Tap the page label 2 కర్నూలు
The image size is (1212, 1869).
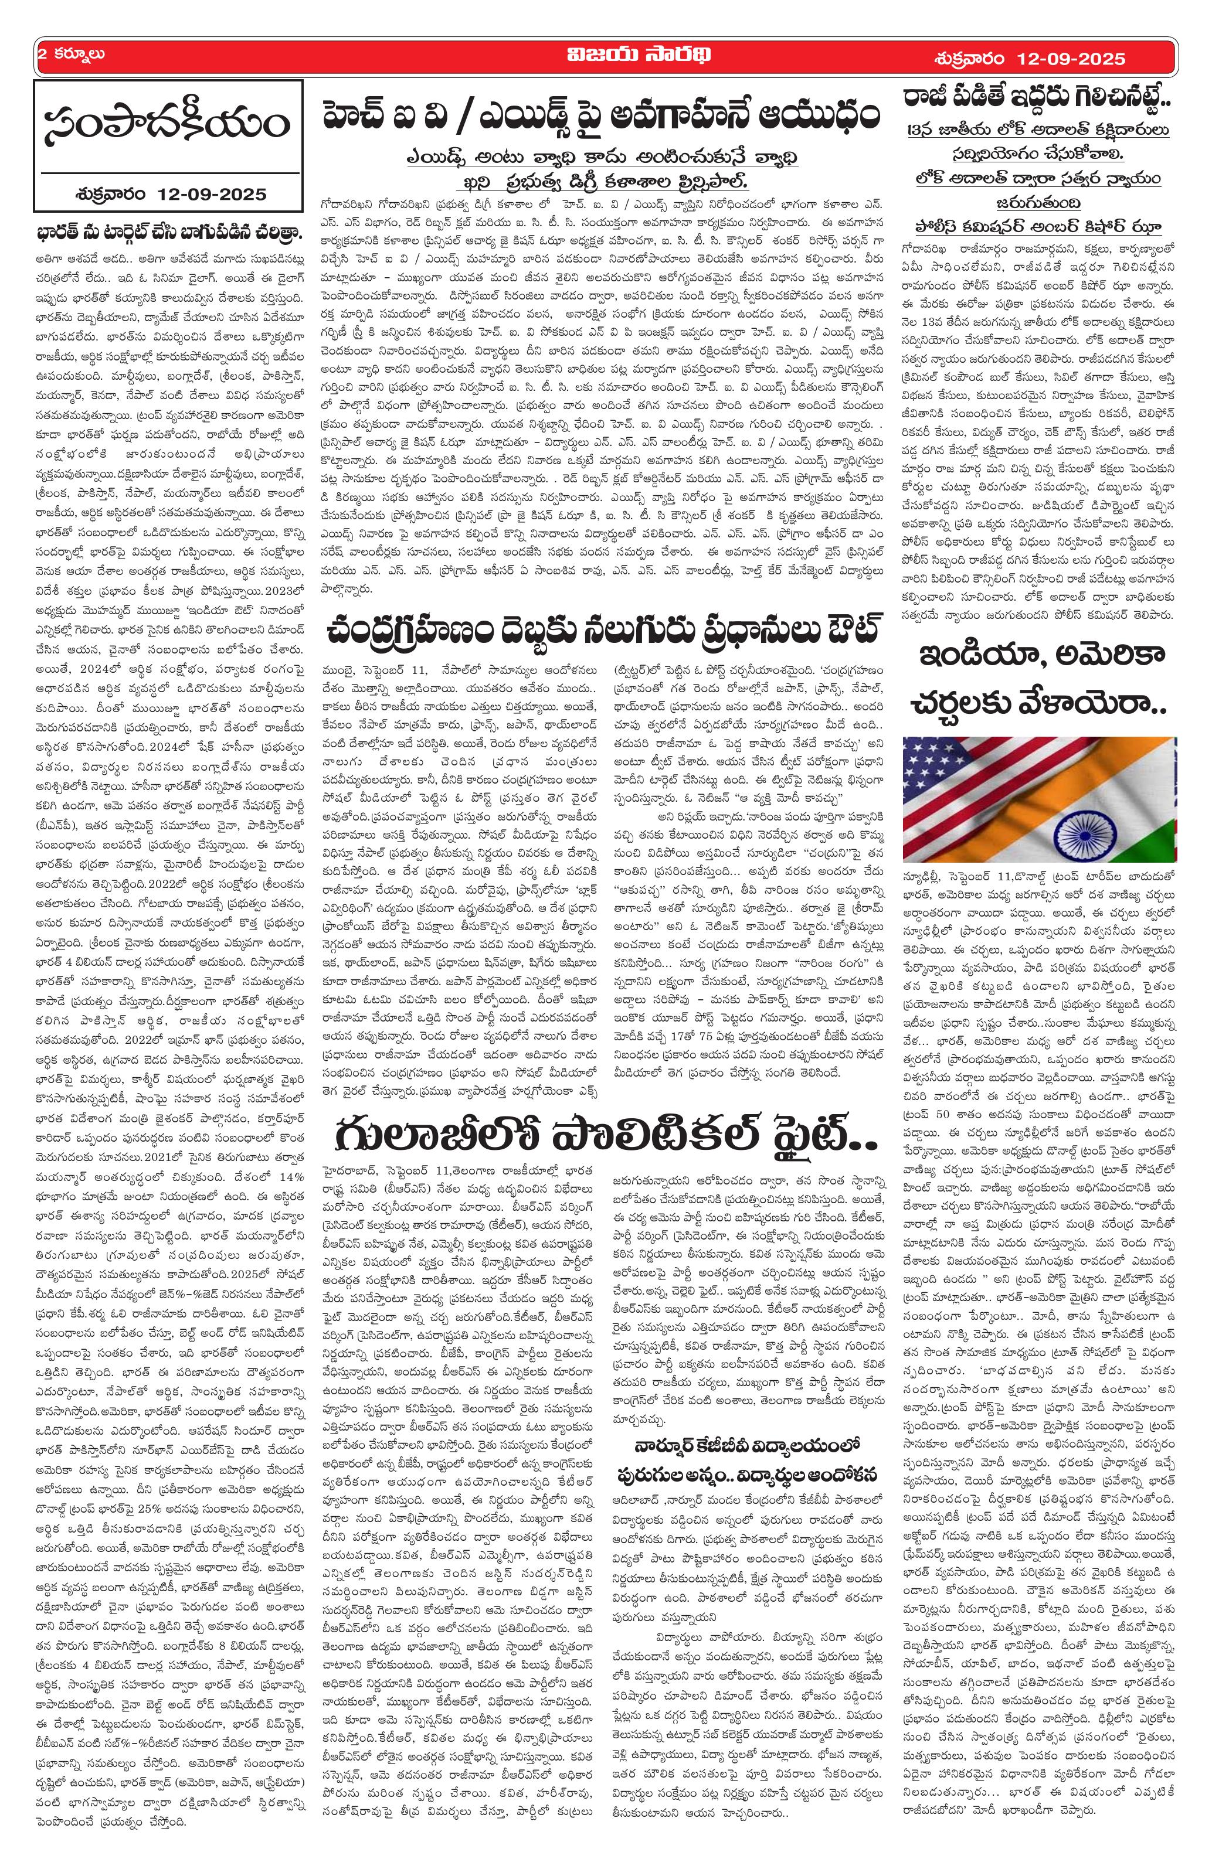point(71,56)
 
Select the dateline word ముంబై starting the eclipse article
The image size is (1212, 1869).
point(338,669)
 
